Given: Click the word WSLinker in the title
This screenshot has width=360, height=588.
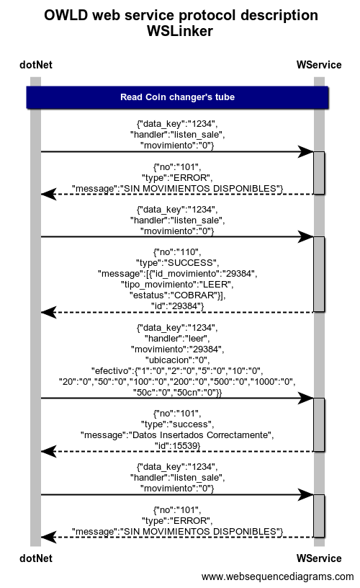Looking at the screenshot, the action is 180,31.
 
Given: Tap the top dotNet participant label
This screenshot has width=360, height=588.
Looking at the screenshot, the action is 36,65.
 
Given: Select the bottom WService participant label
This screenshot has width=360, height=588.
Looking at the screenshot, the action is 319,558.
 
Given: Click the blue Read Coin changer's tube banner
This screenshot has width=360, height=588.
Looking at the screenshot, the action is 178,97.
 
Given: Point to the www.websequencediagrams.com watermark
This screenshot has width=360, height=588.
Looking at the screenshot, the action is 277,576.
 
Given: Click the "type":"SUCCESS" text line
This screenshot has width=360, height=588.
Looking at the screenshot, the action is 178,263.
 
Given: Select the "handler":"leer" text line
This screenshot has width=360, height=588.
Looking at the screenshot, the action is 177,339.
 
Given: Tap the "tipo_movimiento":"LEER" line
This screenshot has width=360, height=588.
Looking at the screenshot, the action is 177,285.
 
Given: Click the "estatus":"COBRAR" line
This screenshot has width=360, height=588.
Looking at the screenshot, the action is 178,295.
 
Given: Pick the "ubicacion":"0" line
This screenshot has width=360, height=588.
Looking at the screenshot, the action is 178,360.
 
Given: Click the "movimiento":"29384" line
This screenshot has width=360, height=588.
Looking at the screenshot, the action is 178,349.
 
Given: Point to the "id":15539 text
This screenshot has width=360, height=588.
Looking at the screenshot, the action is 178,446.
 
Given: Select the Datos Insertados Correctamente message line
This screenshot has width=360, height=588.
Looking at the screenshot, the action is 177,435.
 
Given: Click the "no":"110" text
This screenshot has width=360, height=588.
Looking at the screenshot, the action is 177,252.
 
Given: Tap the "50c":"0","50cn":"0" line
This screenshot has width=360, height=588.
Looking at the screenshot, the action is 178,393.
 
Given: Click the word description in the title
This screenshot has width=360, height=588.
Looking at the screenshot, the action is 279,15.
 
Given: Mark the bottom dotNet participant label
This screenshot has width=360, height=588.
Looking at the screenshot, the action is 36,558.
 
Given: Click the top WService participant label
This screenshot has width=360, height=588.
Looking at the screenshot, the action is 319,65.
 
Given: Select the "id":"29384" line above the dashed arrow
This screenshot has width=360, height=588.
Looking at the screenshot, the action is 178,306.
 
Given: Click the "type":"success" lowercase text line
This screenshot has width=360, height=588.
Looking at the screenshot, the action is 178,424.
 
